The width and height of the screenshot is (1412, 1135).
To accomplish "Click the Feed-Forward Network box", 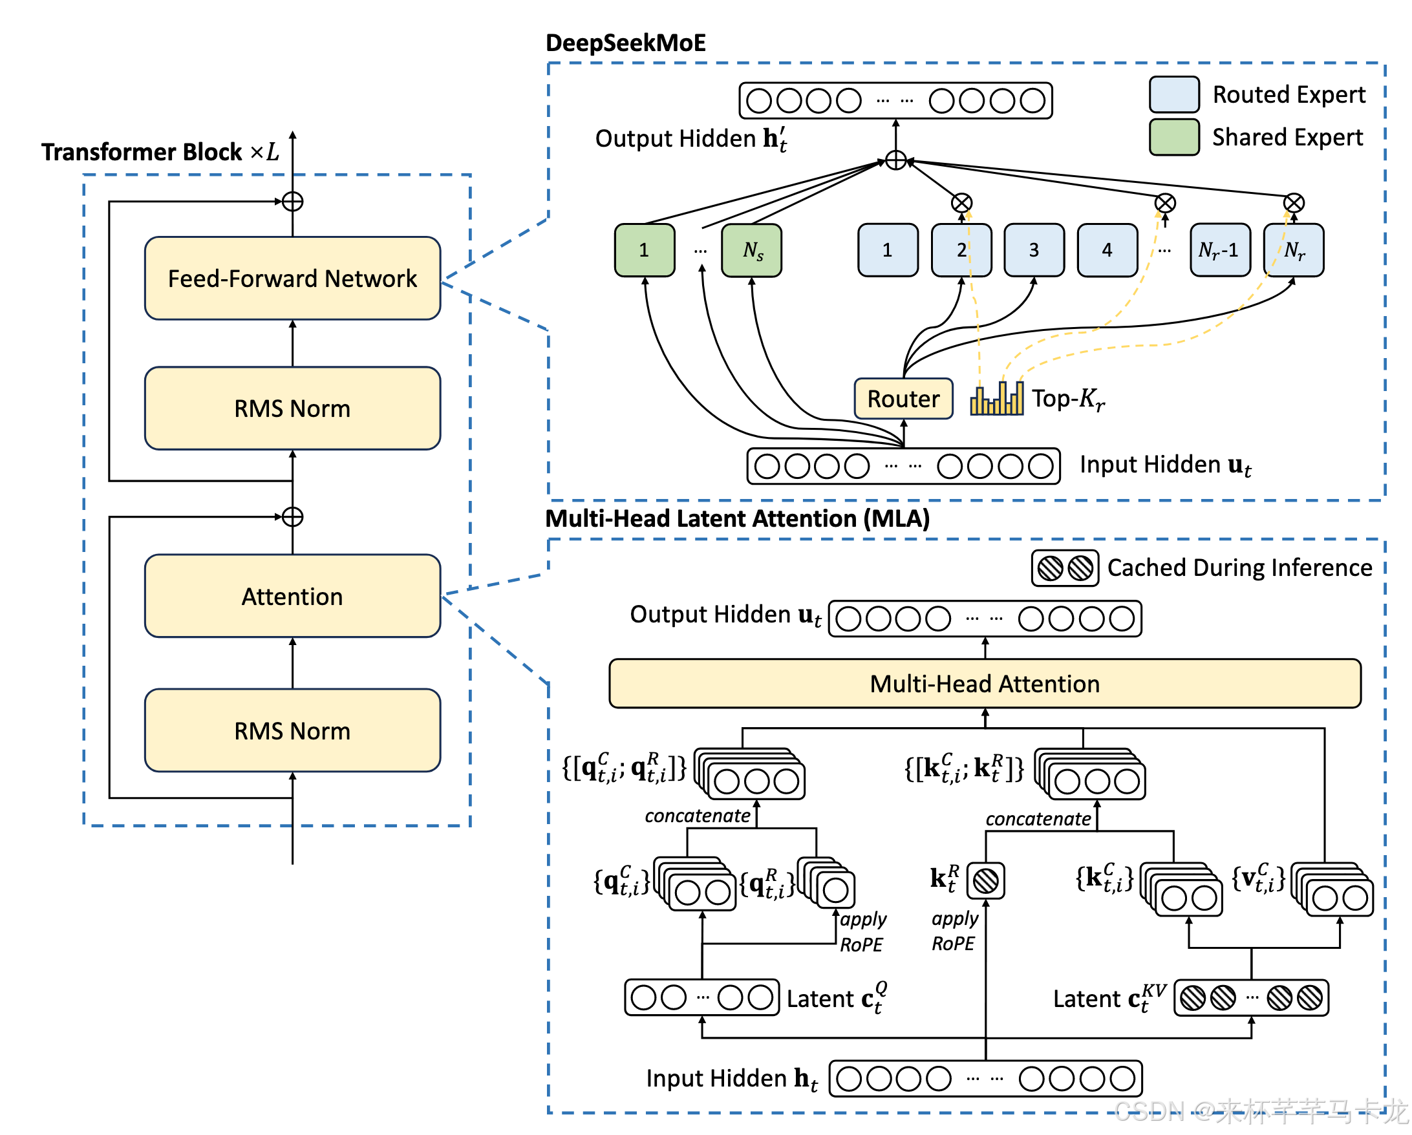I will [x=292, y=279].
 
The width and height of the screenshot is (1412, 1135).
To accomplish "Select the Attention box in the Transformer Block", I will [x=292, y=596].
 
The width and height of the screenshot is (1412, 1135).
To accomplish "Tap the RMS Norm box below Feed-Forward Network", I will [x=292, y=408].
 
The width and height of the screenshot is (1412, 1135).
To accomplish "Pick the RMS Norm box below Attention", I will [x=292, y=730].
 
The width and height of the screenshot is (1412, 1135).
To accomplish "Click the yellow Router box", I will [x=903, y=398].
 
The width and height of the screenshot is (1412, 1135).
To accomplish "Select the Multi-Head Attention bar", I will [x=985, y=684].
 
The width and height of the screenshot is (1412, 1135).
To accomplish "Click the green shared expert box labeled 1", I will [x=645, y=250].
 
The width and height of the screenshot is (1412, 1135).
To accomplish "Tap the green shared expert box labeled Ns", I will [x=752, y=250].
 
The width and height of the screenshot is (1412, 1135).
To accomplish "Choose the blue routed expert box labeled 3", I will [x=1033, y=250].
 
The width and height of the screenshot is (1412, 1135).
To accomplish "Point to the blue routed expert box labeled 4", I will [x=1107, y=250].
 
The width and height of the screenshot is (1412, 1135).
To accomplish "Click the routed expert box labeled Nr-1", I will [x=1219, y=250].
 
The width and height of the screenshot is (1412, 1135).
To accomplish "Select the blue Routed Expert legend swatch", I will [x=1174, y=94].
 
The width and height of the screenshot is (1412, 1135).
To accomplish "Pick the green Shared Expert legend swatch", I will [x=1174, y=137].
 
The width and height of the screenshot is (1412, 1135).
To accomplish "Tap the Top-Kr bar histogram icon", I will [x=997, y=399].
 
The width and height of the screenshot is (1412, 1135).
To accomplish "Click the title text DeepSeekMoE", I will [x=625, y=43].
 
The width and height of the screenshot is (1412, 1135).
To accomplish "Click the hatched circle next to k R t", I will [x=986, y=881].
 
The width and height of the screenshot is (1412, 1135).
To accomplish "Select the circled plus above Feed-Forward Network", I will [x=292, y=202].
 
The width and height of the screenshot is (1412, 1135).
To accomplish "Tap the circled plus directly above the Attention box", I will [x=292, y=516].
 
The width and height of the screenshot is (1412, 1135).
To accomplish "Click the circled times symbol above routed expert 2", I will [x=961, y=203].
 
